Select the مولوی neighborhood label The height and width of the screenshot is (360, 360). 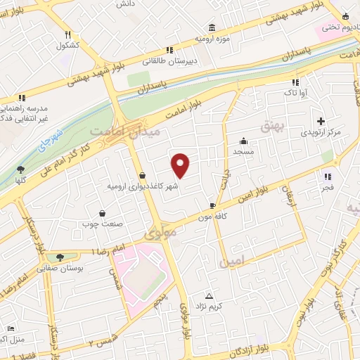[x=159, y=231]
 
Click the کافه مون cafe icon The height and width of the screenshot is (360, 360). [x=212, y=205]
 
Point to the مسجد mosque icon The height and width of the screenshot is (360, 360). [x=243, y=140]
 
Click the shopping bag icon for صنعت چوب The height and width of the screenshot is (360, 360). [x=103, y=213]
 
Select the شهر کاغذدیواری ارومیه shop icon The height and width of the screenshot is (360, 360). [x=143, y=176]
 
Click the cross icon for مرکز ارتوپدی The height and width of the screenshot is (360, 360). [x=322, y=121]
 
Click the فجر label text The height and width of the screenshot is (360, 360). [x=327, y=189]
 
